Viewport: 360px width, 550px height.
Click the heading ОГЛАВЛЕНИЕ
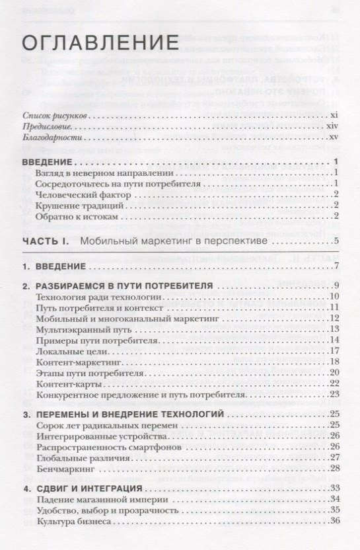pos(101,43)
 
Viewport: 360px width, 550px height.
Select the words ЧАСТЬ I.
pos(45,241)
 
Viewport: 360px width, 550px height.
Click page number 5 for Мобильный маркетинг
pos(336,241)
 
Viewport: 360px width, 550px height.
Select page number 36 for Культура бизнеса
pos(334,522)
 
